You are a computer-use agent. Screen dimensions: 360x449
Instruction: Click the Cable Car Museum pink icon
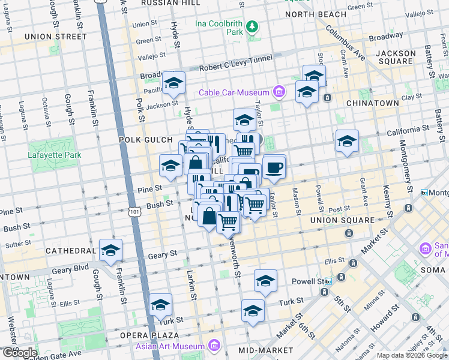click(279, 92)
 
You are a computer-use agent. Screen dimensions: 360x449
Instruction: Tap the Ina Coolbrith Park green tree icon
click(253, 26)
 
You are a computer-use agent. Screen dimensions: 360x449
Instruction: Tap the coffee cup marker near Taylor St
click(274, 167)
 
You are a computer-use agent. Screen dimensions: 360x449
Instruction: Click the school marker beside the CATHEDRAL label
click(110, 251)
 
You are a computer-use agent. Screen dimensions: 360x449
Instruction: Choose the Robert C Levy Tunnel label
click(237, 68)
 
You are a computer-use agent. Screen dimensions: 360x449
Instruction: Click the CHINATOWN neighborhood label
click(372, 103)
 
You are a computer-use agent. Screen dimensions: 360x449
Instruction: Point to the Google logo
click(19, 353)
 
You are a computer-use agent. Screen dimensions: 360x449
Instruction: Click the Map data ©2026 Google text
click(411, 355)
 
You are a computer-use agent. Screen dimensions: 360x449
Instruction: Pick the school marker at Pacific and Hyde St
click(173, 83)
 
